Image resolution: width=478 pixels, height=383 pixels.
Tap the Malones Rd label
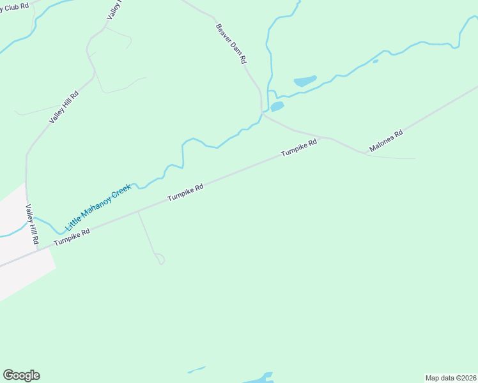click(x=385, y=141)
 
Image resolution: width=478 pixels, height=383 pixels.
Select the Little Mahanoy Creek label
click(x=98, y=207)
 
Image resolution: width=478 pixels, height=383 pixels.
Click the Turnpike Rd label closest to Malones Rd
click(x=299, y=149)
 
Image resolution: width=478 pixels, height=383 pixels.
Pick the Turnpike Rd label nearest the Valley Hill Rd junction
click(x=72, y=237)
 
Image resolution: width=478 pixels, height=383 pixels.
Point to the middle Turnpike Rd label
click(x=185, y=192)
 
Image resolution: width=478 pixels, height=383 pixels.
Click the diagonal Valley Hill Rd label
click(x=64, y=107)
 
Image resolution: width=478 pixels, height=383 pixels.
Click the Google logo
click(x=21, y=375)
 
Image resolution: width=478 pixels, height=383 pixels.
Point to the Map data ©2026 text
click(x=451, y=377)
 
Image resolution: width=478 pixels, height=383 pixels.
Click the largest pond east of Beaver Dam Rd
click(x=305, y=81)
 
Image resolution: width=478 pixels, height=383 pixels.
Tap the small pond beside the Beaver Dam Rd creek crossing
click(x=277, y=107)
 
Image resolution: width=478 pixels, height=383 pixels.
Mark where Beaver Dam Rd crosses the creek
click(x=262, y=112)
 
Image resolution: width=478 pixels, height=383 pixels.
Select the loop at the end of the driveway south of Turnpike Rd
click(x=160, y=258)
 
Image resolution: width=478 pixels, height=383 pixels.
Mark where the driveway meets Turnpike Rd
click(x=138, y=211)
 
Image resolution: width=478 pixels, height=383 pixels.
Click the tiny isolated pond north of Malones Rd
click(x=375, y=61)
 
